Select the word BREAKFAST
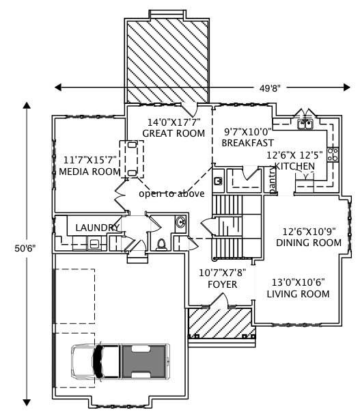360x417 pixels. point(247,143)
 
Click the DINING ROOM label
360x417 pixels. point(308,243)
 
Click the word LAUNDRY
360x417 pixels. point(98,228)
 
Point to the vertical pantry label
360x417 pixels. point(272,182)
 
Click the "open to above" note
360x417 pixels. point(171,194)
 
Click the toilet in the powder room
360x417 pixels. point(161,244)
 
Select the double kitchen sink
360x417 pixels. point(305,124)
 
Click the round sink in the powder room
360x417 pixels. point(180,221)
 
